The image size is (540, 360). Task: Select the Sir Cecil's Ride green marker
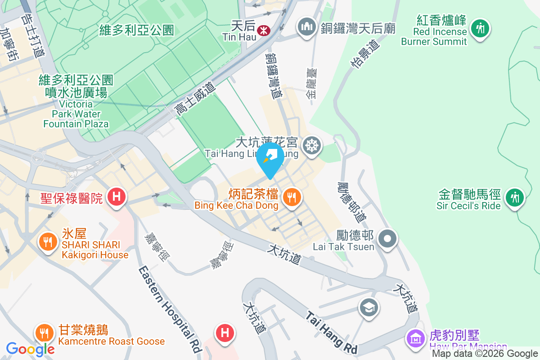pyautogui.click(x=514, y=198)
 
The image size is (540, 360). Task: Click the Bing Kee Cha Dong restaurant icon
pyautogui.click(x=292, y=197)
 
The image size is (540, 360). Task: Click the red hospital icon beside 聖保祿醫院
pyautogui.click(x=117, y=197)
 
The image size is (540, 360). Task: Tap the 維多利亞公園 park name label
pyautogui.click(x=137, y=30)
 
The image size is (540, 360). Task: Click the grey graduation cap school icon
pyautogui.click(x=369, y=308)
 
